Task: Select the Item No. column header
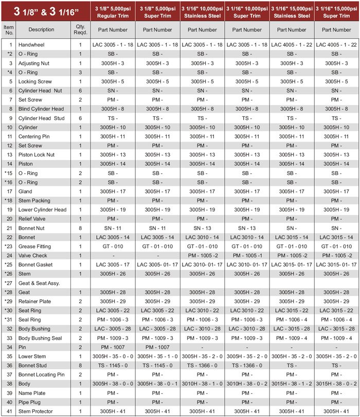pyautogui.click(x=8, y=29)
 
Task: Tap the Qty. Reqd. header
pyautogui.click(x=80, y=29)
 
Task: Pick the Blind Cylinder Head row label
pyautogui.click(x=41, y=109)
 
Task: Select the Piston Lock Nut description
pyautogui.click(x=37, y=154)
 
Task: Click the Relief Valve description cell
pyautogui.click(x=32, y=219)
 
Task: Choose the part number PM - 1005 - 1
pyautogui.click(x=246, y=255)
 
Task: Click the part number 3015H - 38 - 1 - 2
pyautogui.click(x=292, y=384)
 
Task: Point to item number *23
pyautogui.click(x=8, y=246)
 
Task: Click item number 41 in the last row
pyautogui.click(x=8, y=411)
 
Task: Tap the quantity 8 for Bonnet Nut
pyautogui.click(x=80, y=228)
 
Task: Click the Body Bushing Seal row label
pyautogui.click(x=40, y=338)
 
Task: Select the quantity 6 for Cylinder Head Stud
pyautogui.click(x=80, y=118)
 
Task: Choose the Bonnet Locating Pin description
pyautogui.click(x=42, y=374)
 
